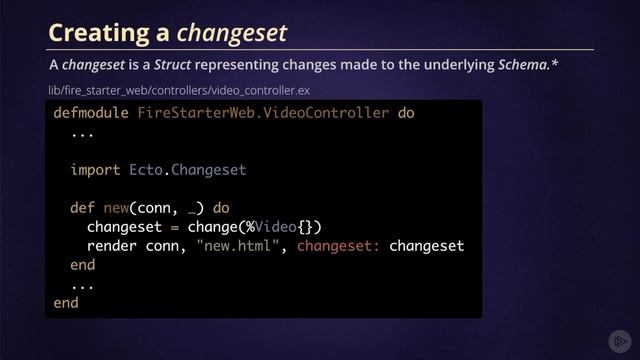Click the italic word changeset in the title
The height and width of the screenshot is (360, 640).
coord(232,33)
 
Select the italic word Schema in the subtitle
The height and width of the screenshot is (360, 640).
coord(521,66)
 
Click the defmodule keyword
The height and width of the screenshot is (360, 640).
coord(91,113)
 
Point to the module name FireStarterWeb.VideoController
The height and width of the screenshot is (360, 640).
coord(263,113)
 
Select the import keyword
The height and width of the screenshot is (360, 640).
coord(95,170)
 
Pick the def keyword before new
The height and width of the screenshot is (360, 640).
coord(82,208)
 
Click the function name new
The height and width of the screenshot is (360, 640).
coord(116,208)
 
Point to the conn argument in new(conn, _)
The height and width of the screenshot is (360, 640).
coord(153,208)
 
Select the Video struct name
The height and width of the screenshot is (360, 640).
coord(275,227)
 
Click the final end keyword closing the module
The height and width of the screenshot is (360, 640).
coord(66,303)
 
